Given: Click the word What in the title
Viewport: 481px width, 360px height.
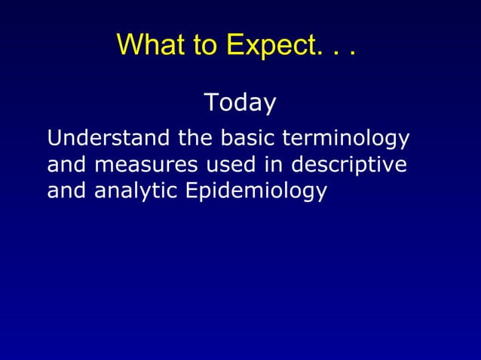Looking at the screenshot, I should point(146,45).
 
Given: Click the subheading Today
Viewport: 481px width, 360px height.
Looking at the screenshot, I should point(240,102).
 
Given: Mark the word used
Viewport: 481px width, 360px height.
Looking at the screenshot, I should point(224,164).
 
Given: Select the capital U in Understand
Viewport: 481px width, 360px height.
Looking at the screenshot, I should point(54,139).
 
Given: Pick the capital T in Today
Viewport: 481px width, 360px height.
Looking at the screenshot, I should point(211,102).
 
